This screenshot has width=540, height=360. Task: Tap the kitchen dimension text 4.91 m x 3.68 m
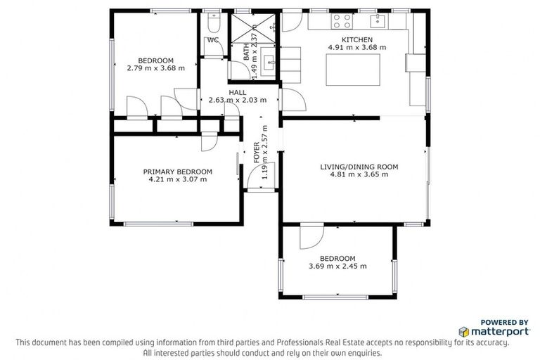click(357, 47)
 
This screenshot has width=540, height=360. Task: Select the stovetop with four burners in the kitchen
click(341, 20)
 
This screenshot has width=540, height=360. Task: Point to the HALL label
click(237, 92)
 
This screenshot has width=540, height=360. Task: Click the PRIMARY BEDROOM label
click(177, 172)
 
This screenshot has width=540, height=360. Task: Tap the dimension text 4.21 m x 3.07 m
click(177, 179)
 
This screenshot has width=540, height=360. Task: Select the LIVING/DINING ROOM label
click(359, 167)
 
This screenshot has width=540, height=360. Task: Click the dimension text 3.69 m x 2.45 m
click(337, 266)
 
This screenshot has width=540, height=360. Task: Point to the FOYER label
click(257, 153)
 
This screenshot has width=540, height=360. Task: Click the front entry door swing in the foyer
click(257, 178)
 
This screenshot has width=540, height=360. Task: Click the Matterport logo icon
click(464, 331)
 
